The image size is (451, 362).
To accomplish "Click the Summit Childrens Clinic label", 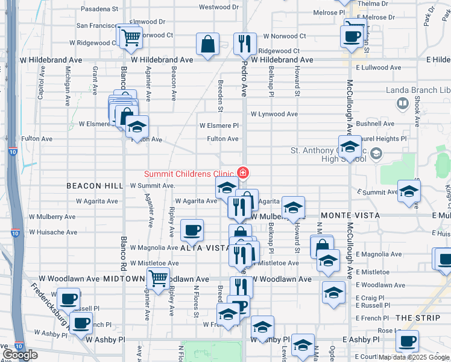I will (189, 174).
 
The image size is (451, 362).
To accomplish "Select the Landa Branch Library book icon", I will (402, 103).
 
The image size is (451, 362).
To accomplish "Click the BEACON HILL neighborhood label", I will (91, 186).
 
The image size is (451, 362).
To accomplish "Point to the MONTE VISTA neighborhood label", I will (350, 215).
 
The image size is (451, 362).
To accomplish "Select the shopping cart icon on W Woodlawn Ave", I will (158, 278).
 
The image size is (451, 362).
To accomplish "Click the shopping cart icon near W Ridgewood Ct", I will (130, 37).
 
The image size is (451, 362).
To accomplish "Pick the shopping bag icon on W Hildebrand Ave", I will (207, 43).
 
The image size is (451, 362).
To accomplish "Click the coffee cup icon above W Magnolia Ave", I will (192, 229).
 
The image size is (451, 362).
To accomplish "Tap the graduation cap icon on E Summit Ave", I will (409, 191).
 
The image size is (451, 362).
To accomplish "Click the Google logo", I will (20, 355).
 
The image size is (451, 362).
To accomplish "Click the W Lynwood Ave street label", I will (274, 114).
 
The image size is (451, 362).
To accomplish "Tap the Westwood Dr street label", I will (215, 7).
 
